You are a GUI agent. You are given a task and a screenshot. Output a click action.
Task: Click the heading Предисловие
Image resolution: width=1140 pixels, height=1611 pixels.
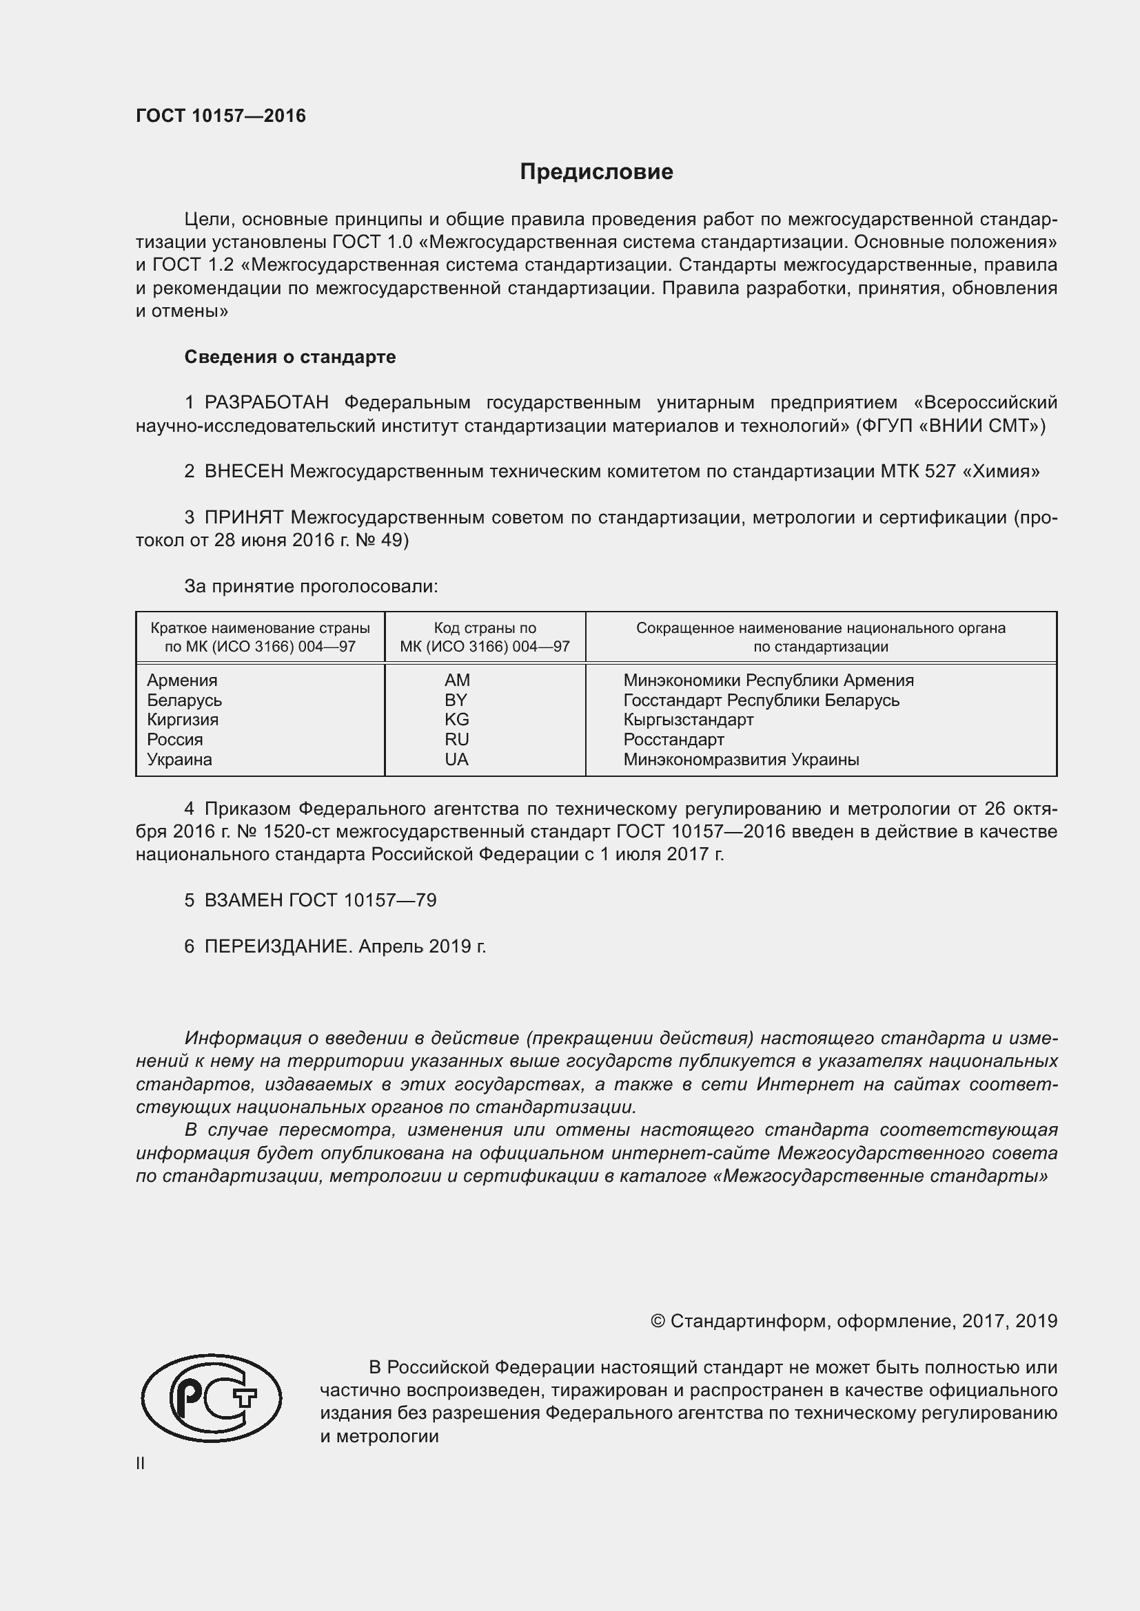596,172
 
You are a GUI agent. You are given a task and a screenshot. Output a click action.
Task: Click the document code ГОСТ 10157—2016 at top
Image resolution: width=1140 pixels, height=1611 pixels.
221,116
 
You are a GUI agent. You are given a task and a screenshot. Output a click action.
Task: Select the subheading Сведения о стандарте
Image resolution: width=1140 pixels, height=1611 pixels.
290,357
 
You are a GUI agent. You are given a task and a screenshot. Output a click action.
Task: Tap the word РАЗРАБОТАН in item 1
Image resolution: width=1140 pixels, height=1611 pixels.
267,403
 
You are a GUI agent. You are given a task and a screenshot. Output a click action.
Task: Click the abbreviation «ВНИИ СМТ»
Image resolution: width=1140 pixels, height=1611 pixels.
981,426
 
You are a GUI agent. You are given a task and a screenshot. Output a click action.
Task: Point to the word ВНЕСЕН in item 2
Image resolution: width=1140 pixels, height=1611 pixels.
243,472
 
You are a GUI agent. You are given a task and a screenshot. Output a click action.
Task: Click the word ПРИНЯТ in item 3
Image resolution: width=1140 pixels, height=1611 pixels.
243,518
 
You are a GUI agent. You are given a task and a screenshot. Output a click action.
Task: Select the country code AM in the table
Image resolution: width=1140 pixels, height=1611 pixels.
457,680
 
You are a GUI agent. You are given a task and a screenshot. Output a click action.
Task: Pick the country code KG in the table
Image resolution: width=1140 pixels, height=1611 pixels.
456,719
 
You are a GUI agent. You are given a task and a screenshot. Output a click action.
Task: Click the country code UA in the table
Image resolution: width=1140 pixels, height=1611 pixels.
456,759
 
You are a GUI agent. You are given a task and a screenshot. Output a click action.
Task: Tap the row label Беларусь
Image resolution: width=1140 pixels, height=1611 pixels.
184,700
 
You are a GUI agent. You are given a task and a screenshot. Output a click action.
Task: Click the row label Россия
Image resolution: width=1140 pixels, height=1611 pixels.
175,740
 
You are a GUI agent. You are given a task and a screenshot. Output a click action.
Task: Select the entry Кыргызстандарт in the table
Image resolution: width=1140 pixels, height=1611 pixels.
688,719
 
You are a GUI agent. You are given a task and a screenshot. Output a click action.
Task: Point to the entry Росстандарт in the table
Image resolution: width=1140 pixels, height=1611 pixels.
673,740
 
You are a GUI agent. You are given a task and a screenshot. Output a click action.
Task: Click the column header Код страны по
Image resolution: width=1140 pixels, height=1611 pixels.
485,629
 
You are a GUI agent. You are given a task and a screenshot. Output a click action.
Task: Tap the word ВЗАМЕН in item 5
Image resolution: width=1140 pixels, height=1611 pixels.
243,900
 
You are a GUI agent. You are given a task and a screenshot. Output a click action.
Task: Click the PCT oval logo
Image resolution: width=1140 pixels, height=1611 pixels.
212,1398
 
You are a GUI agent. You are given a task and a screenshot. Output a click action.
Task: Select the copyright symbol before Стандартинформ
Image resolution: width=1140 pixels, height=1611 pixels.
657,1321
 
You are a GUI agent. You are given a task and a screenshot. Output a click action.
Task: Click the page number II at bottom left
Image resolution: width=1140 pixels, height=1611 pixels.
141,1464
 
